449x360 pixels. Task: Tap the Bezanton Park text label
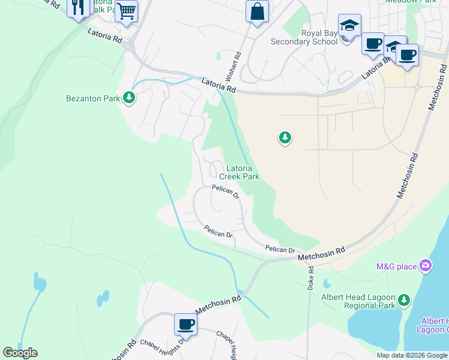[93, 98]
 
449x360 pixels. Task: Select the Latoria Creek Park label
[239, 173]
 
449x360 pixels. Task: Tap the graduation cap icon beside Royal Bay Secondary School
[349, 26]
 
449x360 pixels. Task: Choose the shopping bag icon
[257, 11]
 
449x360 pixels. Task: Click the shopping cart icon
[126, 10]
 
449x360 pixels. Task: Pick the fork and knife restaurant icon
[78, 8]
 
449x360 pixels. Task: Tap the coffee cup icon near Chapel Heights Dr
[185, 325]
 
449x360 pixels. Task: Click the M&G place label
[396, 266]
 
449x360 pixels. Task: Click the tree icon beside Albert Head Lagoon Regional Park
[405, 299]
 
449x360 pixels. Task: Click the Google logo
[20, 353]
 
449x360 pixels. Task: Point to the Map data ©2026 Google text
[411, 355]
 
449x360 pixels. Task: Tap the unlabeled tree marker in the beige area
[285, 139]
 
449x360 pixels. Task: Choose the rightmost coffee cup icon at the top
[407, 55]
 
